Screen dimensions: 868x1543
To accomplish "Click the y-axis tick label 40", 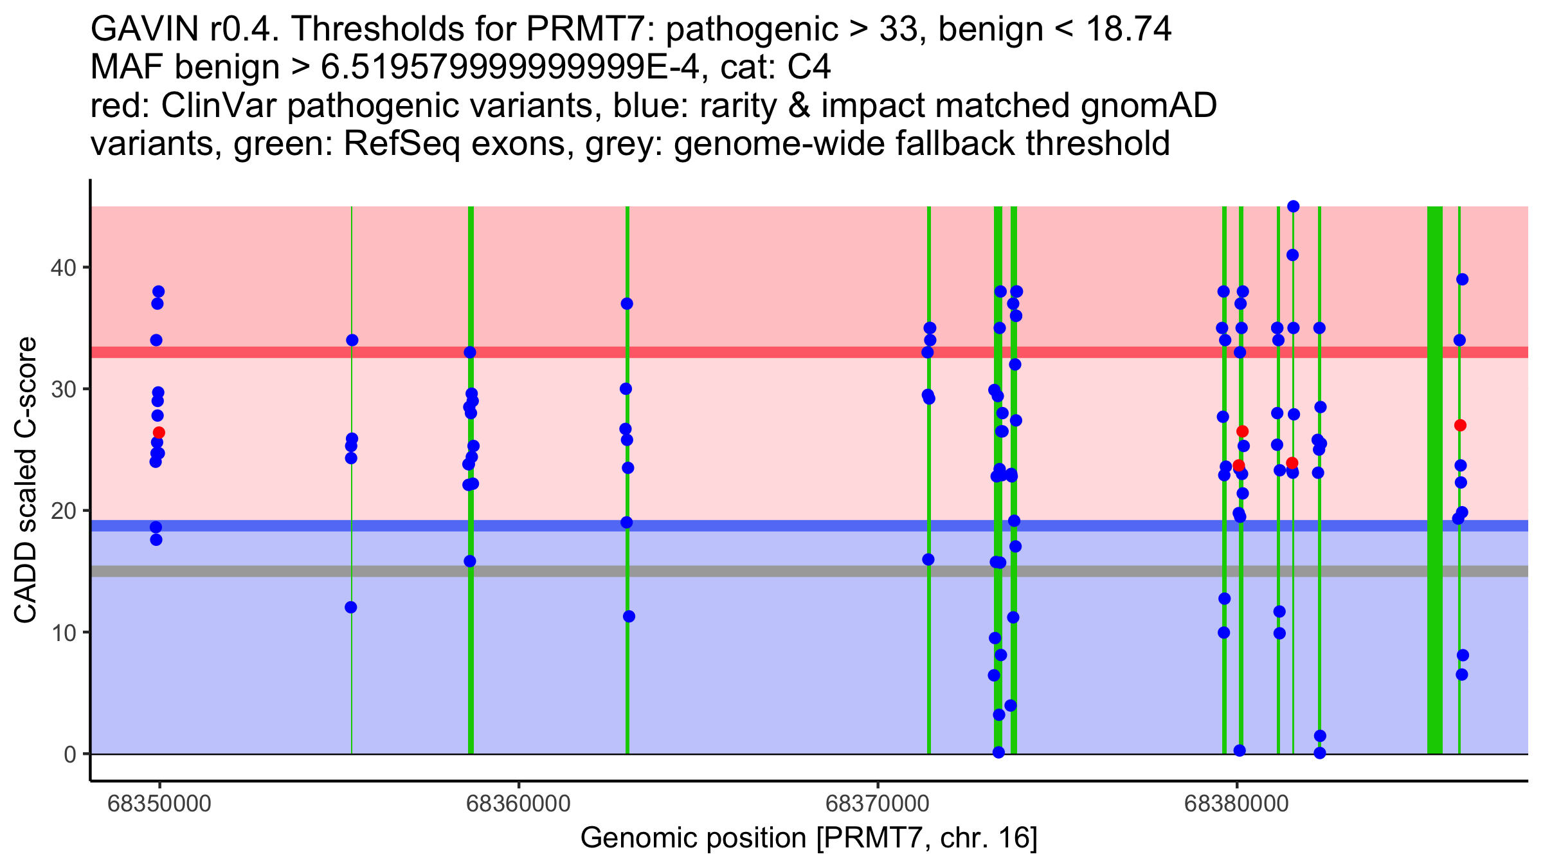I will click(x=63, y=267).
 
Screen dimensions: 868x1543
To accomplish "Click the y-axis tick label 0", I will click(x=69, y=754).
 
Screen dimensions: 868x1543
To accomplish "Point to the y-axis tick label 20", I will click(x=63, y=511).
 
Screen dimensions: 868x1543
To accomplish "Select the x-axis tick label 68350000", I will click(x=159, y=804).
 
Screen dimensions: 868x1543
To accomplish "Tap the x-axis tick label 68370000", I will click(x=877, y=804).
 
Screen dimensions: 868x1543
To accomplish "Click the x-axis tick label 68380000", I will click(x=1236, y=804).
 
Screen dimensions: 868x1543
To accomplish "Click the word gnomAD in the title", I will click(x=1148, y=106).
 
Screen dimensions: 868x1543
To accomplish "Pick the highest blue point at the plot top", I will click(x=1293, y=206).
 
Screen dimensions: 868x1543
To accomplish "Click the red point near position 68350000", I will click(x=159, y=433).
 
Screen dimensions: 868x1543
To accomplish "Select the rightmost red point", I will click(x=1460, y=425).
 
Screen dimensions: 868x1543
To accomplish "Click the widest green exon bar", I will click(x=1434, y=476).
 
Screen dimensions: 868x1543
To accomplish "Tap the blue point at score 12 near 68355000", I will click(x=350, y=608).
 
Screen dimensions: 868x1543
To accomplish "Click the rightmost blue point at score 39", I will click(x=1462, y=279).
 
